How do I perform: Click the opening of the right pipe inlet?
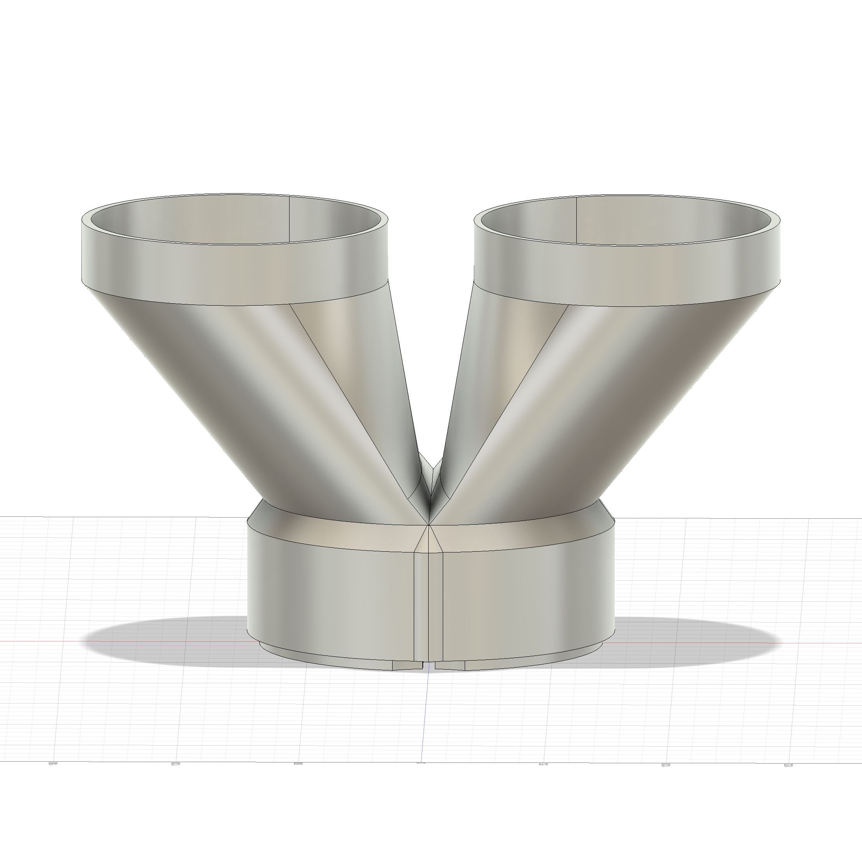coord(627,221)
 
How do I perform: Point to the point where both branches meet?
coord(429,524)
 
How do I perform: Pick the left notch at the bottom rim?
coord(407,665)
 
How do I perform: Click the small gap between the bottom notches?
coord(429,666)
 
